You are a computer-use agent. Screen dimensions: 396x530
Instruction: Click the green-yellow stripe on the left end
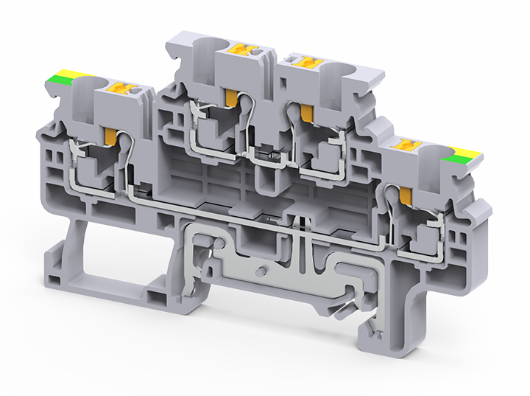pos(67,76)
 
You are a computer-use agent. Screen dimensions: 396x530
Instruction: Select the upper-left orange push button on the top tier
pos(242,49)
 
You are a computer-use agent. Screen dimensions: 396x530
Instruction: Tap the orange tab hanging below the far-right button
pos(406,195)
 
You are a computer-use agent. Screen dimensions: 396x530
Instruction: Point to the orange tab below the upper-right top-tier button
pos(303,112)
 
